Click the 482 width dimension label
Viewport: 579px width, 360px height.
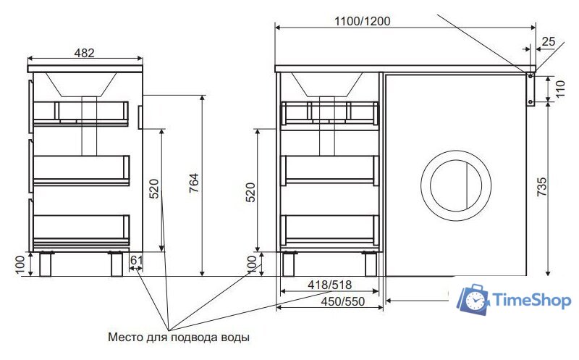pos(85,53)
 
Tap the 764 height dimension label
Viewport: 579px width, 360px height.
pos(193,188)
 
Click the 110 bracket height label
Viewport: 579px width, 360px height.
pos(560,89)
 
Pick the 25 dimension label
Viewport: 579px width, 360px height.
pos(549,41)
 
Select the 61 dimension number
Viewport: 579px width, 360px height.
pos(136,261)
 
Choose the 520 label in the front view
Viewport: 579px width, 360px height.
pos(251,191)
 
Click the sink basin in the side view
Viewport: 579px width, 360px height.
pos(81,83)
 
